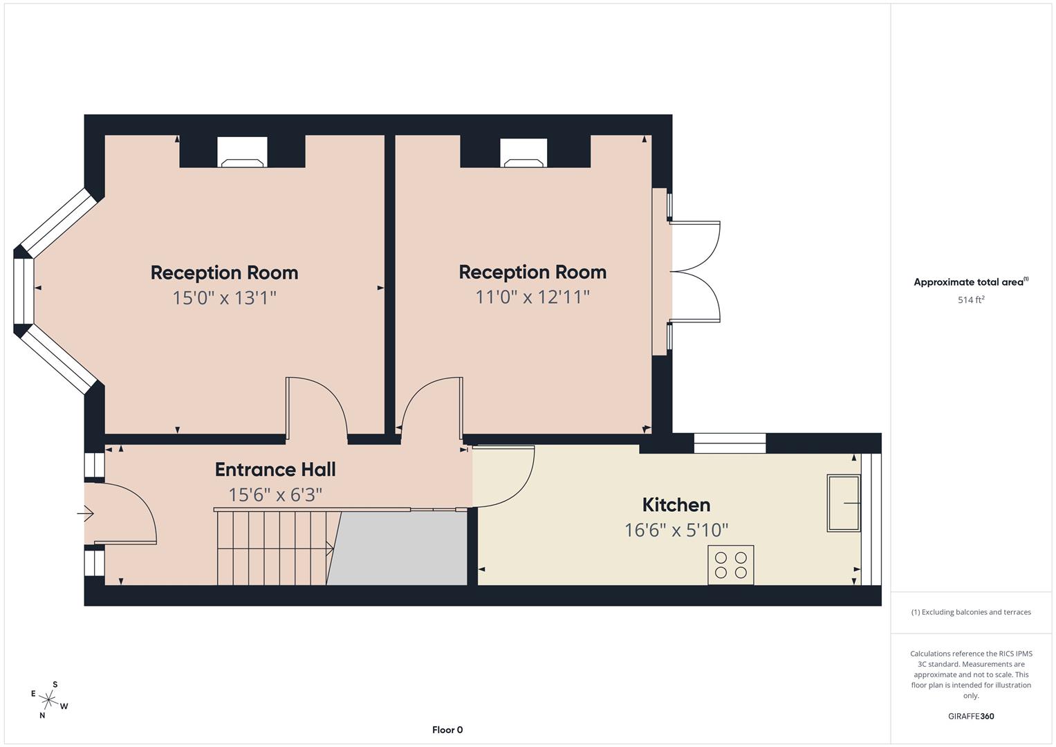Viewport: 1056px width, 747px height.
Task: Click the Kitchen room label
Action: coord(676,505)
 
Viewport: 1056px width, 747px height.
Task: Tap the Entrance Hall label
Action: coord(275,470)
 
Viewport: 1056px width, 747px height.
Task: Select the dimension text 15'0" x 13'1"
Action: coord(224,298)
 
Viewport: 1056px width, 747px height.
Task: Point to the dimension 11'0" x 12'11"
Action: coord(532,297)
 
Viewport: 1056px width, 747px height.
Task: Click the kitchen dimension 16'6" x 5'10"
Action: coord(676,531)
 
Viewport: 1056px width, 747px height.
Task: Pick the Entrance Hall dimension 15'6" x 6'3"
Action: coord(275,495)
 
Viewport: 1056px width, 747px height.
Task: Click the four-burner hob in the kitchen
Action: coord(730,565)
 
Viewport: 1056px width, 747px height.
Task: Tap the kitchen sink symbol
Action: coord(844,503)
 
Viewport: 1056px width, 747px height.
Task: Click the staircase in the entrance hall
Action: coord(275,548)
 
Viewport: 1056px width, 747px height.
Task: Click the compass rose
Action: coord(50,700)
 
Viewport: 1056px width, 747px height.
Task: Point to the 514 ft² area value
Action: coord(970,300)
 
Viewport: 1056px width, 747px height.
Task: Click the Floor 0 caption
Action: coord(447,730)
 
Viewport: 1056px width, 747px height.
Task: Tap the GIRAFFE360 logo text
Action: coord(970,717)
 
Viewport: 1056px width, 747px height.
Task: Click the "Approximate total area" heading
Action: coord(970,282)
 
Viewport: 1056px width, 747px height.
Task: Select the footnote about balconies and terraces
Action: coord(970,612)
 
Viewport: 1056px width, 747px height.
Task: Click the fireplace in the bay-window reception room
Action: coord(242,153)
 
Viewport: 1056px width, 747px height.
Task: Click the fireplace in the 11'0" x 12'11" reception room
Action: coord(524,154)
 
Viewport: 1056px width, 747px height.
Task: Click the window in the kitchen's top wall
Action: coord(730,443)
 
